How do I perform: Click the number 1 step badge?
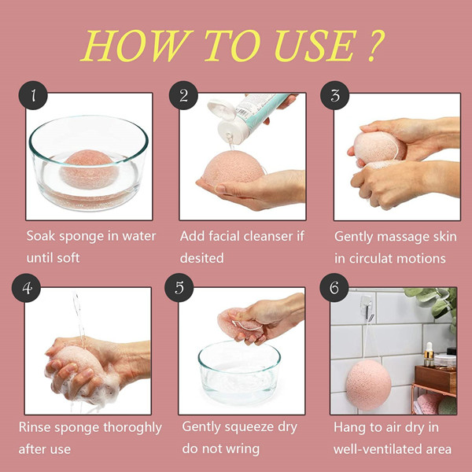tap(32, 97)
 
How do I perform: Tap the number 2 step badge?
tap(184, 97)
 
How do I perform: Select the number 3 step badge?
tap(334, 97)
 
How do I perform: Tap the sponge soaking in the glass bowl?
tap(89, 168)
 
